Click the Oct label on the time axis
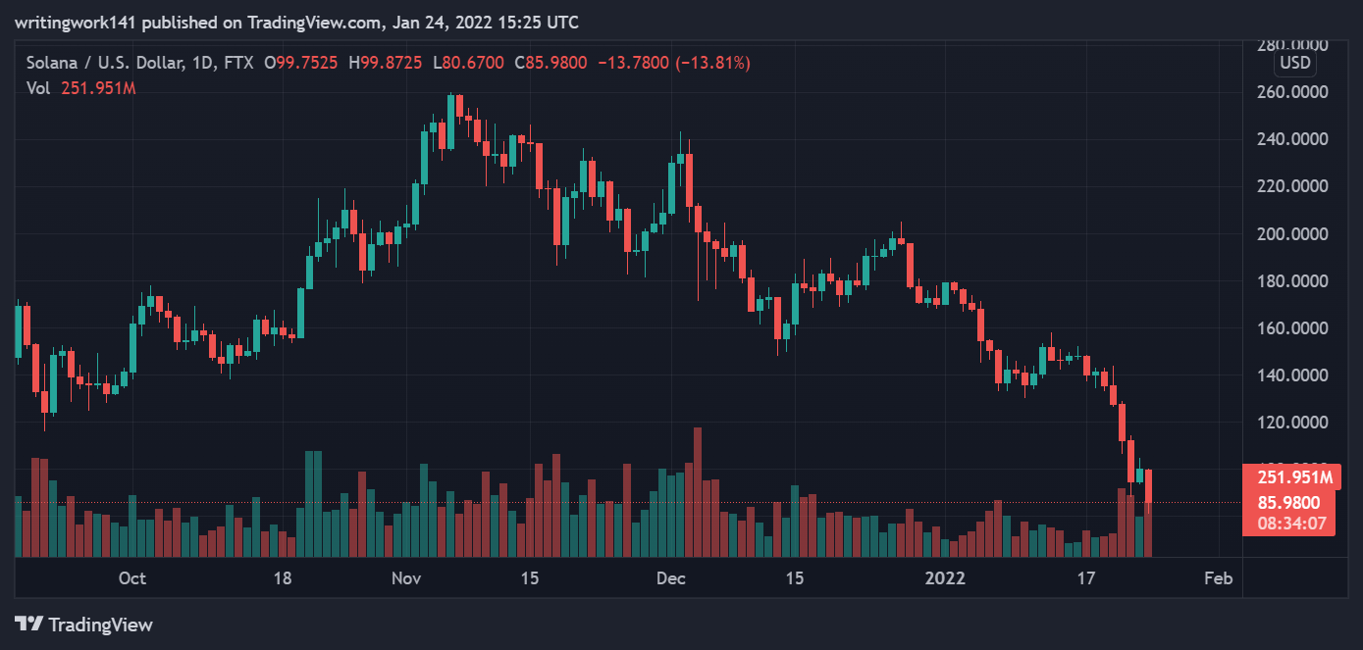tap(131, 577)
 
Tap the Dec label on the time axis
tap(671, 577)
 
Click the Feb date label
tap(1218, 577)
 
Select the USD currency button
tap(1294, 64)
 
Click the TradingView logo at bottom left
tap(83, 625)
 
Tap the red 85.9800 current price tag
tap(1289, 502)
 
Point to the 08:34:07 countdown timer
tap(1289, 524)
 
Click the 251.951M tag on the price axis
tap(1289, 477)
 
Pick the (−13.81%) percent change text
tap(713, 63)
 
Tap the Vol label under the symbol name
tap(37, 87)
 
